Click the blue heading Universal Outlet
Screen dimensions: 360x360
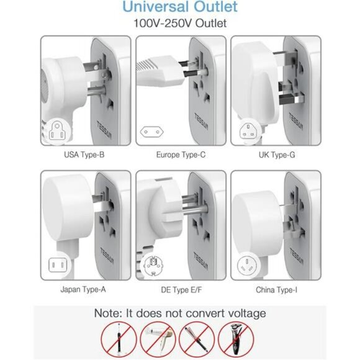point(179,8)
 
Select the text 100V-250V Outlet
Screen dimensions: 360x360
point(179,24)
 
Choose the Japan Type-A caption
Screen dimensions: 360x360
point(84,289)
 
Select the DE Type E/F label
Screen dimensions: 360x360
point(179,289)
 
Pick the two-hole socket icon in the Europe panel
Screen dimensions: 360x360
point(150,132)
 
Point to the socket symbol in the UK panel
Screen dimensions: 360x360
point(245,131)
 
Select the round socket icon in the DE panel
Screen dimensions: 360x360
point(150,266)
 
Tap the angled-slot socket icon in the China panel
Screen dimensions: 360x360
point(245,266)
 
